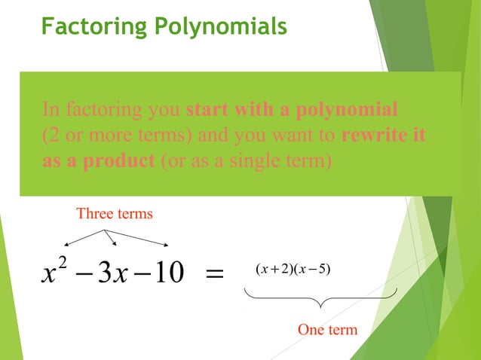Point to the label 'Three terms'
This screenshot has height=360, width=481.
tap(115, 214)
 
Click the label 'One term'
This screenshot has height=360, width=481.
tap(327, 330)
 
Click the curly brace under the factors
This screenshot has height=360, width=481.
tap(321, 300)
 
